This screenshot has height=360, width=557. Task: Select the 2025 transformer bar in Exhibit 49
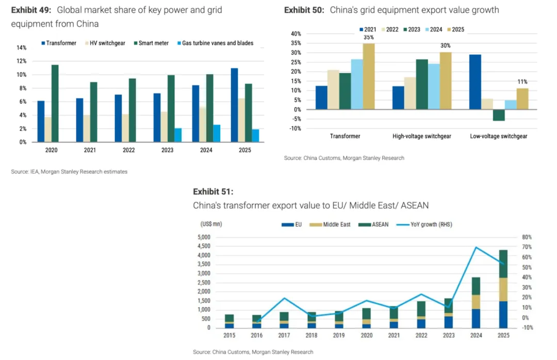click(x=234, y=105)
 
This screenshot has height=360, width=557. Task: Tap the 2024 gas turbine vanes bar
click(x=217, y=133)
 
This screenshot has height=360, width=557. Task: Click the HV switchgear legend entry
click(x=106, y=43)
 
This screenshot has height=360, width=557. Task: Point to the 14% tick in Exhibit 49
click(x=22, y=47)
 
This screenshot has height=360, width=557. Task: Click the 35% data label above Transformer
click(x=368, y=37)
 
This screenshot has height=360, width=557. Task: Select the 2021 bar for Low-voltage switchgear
click(x=475, y=81)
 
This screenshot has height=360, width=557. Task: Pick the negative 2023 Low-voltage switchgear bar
click(x=499, y=115)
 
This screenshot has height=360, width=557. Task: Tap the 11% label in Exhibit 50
click(x=522, y=82)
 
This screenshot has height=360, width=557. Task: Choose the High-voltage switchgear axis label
click(x=421, y=136)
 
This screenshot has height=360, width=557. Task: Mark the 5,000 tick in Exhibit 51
click(x=204, y=237)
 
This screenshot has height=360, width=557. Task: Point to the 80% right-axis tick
click(x=526, y=237)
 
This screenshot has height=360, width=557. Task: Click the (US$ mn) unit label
click(x=211, y=224)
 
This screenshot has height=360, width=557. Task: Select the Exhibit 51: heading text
click(x=213, y=192)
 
